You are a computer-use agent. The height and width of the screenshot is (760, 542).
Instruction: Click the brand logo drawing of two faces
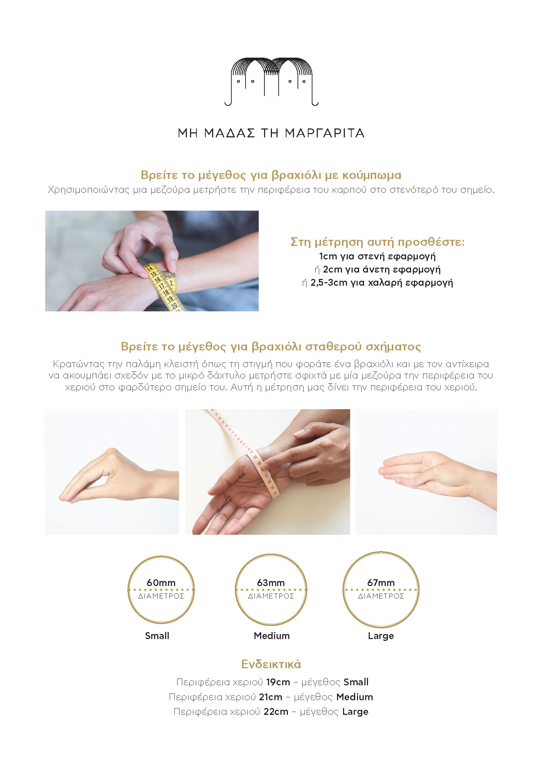[x=271, y=81]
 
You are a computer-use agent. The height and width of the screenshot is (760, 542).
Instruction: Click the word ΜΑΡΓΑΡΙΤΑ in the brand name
[x=325, y=133]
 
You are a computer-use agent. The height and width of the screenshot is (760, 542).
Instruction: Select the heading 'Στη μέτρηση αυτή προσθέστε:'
[x=378, y=242]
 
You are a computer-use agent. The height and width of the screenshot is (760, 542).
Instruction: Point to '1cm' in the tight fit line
[x=328, y=256]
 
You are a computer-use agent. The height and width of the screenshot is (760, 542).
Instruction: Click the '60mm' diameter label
[x=161, y=582]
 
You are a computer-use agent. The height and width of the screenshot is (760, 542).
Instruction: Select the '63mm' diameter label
[x=271, y=582]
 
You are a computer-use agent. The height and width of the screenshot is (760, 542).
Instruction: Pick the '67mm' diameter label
[x=381, y=582]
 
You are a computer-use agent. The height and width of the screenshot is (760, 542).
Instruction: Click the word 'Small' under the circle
[x=157, y=635]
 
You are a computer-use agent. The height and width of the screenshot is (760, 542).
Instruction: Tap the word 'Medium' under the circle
[x=272, y=635]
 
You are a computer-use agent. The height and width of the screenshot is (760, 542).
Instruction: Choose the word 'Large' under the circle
[x=381, y=636]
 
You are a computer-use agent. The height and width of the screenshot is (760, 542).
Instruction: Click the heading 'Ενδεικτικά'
[x=271, y=664]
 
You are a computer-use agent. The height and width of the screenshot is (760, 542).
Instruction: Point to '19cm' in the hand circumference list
[x=278, y=682]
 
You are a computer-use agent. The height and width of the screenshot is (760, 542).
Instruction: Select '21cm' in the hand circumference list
[x=270, y=697]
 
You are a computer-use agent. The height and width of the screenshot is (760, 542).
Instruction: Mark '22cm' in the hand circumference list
[x=276, y=712]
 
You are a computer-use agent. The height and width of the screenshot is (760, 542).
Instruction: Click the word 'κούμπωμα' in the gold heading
[x=372, y=175]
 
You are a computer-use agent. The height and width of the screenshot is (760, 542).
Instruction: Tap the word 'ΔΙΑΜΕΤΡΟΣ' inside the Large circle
[x=381, y=596]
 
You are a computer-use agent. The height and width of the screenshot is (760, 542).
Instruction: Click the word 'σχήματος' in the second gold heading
[x=393, y=347]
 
